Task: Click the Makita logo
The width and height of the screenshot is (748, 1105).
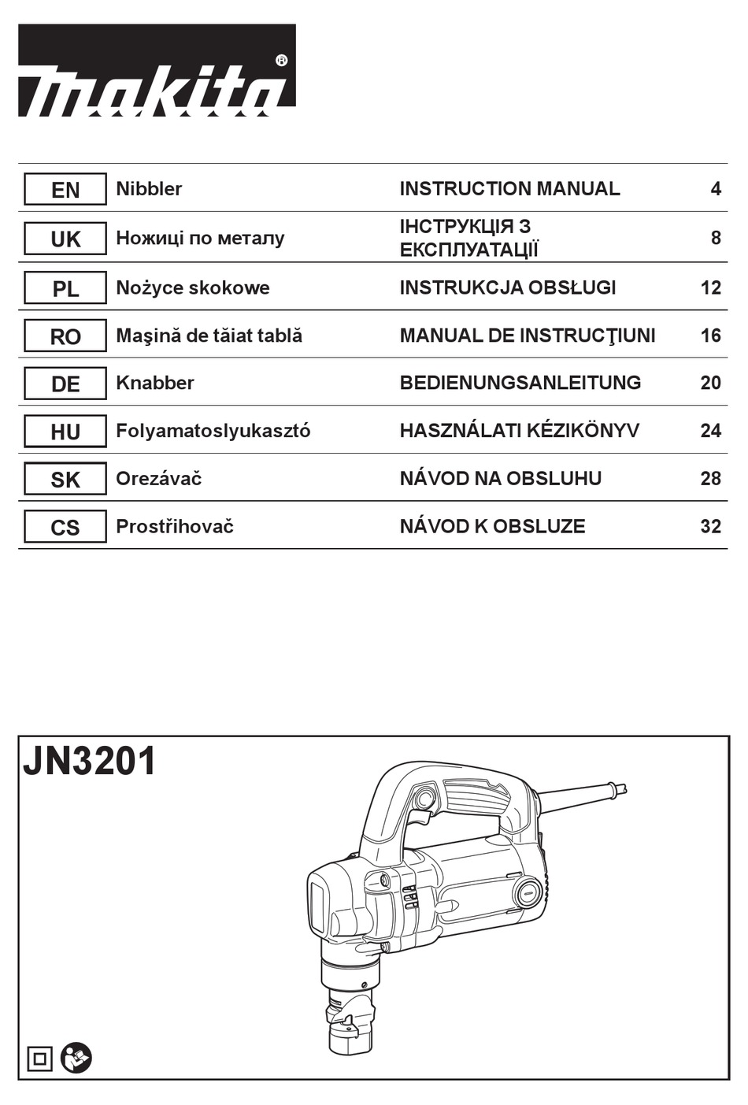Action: click(x=157, y=72)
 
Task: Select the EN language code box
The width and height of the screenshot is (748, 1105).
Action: click(x=65, y=190)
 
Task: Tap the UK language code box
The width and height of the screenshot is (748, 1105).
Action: click(x=65, y=239)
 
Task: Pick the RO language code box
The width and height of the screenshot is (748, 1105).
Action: click(x=65, y=336)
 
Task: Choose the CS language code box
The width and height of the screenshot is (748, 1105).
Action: click(x=65, y=527)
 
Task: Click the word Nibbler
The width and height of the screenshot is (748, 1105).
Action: click(x=149, y=189)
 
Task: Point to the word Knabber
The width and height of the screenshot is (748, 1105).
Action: click(x=154, y=383)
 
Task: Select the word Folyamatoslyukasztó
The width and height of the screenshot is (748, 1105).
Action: click(x=213, y=431)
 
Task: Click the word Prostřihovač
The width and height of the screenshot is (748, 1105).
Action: click(x=175, y=526)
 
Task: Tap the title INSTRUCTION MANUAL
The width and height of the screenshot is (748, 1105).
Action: click(x=509, y=189)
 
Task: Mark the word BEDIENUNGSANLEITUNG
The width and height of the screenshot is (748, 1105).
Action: click(x=520, y=383)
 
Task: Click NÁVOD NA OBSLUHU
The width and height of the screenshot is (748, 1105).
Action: click(x=500, y=479)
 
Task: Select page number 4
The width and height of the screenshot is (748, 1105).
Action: click(x=715, y=189)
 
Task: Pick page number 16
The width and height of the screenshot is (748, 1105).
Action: click(x=710, y=336)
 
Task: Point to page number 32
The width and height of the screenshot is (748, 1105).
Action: click(x=710, y=526)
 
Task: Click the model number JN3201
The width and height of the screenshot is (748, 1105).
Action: click(x=90, y=762)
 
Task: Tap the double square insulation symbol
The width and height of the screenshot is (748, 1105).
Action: click(x=39, y=1059)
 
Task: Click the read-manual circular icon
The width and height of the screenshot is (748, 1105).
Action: click(x=76, y=1057)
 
